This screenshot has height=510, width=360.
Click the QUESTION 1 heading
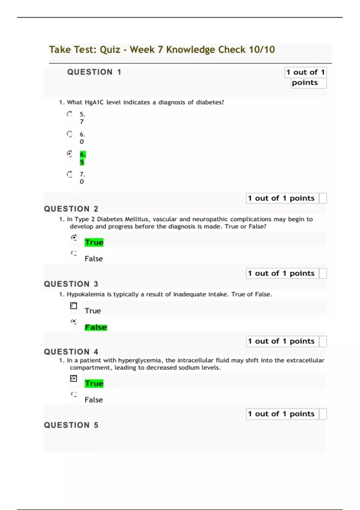pyautogui.click(x=94, y=72)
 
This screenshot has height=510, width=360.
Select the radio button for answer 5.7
pyautogui.click(x=70, y=114)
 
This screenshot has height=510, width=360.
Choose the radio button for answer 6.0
pyautogui.click(x=70, y=134)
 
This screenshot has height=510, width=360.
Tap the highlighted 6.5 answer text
pyautogui.click(x=82, y=158)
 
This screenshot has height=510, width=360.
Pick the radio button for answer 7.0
pyautogui.click(x=70, y=174)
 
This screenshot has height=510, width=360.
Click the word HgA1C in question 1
pyautogui.click(x=94, y=102)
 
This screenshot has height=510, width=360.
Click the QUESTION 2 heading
pyautogui.click(x=71, y=209)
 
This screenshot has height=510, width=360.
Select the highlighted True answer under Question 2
pyautogui.click(x=94, y=242)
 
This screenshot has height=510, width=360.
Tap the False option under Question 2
pyautogui.click(x=94, y=259)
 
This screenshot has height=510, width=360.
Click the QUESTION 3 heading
pyautogui.click(x=71, y=284)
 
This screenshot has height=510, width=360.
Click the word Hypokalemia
pyautogui.click(x=85, y=294)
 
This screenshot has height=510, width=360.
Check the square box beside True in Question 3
pyautogui.click(x=73, y=306)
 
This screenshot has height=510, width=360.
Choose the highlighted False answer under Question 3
pyautogui.click(x=96, y=327)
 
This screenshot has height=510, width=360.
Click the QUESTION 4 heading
pyautogui.click(x=71, y=352)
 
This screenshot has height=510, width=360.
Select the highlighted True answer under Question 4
pyautogui.click(x=94, y=383)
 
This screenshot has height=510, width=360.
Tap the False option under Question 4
pyautogui.click(x=94, y=400)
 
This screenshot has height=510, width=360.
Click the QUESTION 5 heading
pyautogui.click(x=71, y=425)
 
